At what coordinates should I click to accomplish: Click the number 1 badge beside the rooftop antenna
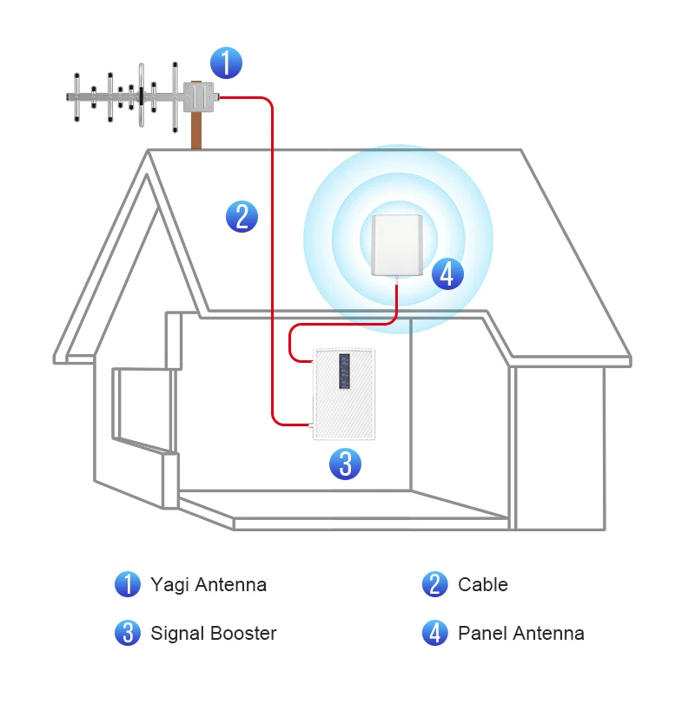pos(226,63)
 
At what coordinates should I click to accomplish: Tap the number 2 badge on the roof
pos(242,215)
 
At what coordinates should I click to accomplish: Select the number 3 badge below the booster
pos(345,464)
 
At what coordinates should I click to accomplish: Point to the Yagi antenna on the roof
pos(130,96)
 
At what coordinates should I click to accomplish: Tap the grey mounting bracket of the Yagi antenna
pos(198,97)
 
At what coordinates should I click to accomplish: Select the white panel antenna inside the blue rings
pos(397,245)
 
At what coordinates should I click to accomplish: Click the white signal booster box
pos(345,395)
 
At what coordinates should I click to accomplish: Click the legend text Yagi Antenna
pos(208,584)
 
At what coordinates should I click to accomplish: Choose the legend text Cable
pos(482,584)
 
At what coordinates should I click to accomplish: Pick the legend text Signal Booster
pos(214,633)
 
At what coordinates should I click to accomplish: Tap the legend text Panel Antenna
pos(521,633)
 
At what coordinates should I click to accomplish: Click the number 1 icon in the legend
pos(128,584)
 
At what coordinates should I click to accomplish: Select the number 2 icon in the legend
pos(435,584)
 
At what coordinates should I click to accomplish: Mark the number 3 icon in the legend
pos(128,633)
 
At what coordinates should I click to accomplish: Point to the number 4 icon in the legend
pos(435,633)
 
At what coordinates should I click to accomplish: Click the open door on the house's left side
pos(142,408)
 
